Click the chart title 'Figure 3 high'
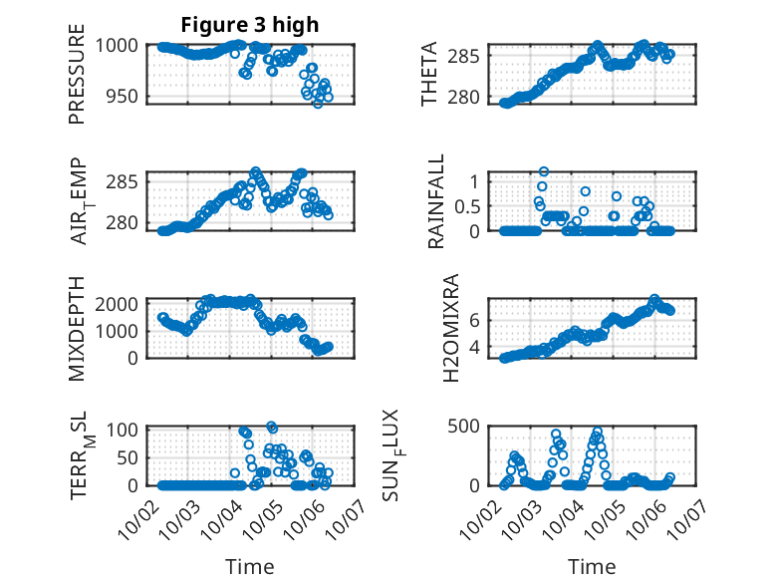coord(249,25)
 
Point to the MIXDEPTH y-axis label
coord(78,328)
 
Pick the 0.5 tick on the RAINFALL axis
coord(467,205)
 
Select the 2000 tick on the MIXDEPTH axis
coord(120,303)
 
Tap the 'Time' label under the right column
coord(592,567)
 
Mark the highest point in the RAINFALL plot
coord(544,171)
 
